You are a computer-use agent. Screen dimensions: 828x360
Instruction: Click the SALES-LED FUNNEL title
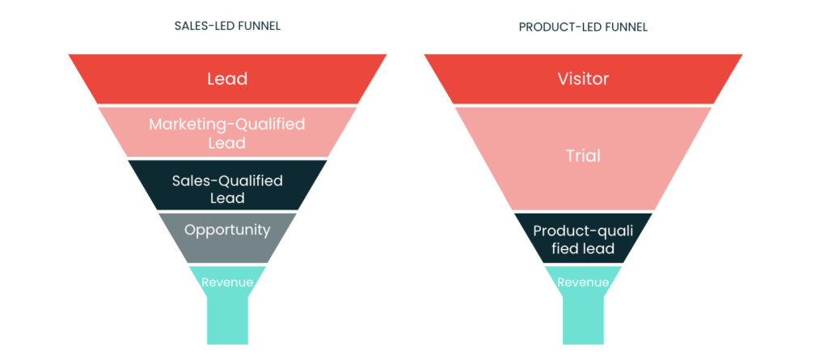[227, 26]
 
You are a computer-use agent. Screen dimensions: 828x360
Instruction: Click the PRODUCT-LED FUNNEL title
[583, 28]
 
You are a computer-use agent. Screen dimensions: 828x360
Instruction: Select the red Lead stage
[227, 78]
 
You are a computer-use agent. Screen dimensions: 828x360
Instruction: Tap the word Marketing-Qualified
[227, 125]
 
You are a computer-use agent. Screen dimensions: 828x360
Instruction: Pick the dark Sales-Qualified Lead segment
[227, 185]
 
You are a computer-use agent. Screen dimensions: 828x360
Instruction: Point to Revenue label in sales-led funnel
[227, 282]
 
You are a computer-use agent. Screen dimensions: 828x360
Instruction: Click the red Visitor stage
[583, 78]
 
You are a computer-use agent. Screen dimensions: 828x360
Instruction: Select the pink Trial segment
[583, 159]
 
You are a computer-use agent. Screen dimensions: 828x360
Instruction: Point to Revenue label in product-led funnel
[583, 282]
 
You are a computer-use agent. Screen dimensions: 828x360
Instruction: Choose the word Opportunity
[227, 231]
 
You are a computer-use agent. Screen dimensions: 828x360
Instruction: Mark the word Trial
[583, 156]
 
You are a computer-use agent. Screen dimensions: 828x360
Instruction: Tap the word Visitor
[583, 79]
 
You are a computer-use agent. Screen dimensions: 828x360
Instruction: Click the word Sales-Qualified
[227, 180]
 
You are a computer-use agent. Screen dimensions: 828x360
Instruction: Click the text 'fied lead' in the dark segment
[583, 248]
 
